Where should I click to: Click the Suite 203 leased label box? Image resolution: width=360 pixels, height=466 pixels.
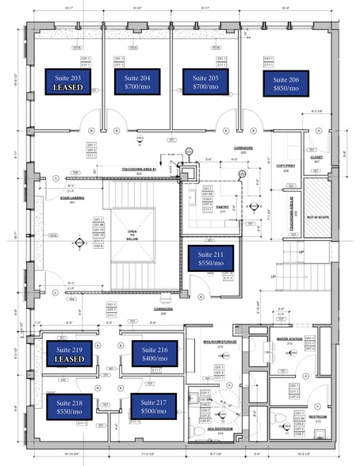point(67,82)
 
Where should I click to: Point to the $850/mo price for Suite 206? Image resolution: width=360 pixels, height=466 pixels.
point(285,89)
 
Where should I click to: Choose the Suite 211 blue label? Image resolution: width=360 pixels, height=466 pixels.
point(210,258)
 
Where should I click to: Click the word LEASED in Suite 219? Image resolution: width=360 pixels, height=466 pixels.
point(67,358)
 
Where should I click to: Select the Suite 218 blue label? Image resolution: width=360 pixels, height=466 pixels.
point(67,407)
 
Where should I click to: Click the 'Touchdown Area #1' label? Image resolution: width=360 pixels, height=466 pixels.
point(140,170)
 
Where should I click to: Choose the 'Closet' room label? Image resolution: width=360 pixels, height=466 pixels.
point(316,157)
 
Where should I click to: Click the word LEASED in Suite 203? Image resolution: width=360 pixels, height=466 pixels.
point(67,88)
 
